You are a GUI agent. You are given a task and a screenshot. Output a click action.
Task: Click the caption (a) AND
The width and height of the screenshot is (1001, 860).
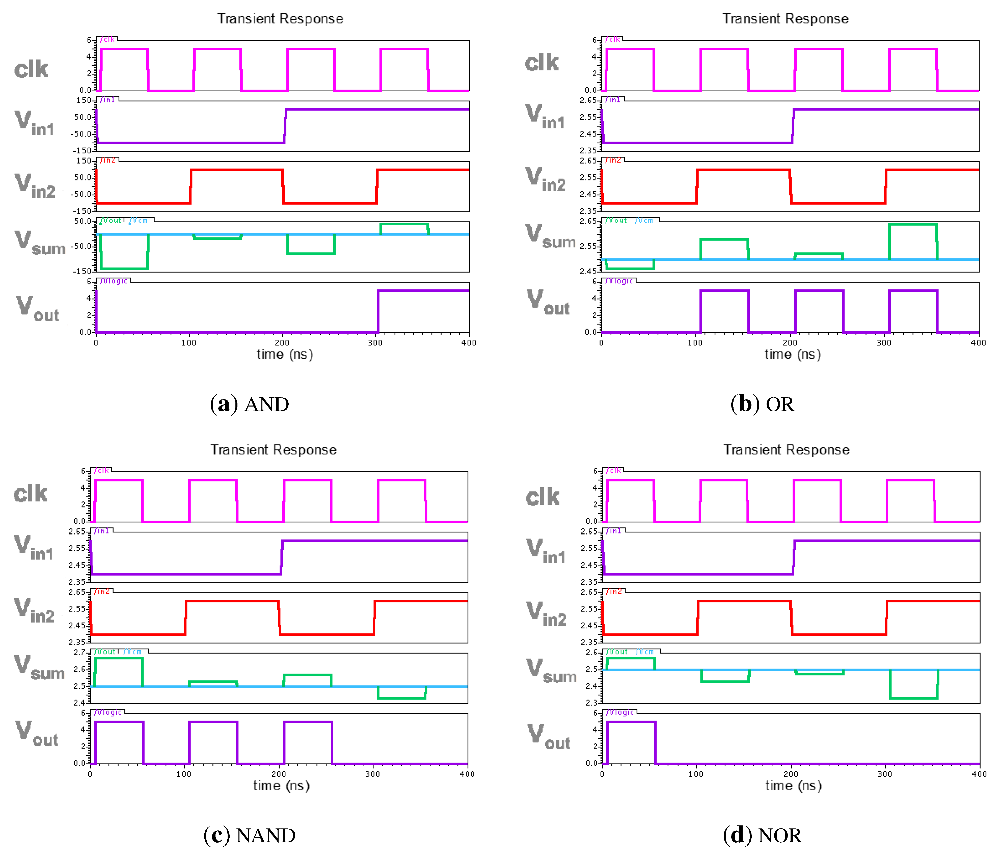(x=249, y=404)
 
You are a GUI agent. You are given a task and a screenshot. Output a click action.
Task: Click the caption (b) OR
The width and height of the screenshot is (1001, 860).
(x=762, y=404)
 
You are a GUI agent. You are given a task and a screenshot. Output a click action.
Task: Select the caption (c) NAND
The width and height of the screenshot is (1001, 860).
(x=249, y=835)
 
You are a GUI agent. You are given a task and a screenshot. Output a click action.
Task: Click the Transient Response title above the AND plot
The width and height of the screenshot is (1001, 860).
(x=280, y=19)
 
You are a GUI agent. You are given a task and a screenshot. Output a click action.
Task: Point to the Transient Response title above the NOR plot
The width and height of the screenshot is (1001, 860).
(x=786, y=450)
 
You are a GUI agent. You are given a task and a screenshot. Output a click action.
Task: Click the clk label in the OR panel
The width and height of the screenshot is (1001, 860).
(x=542, y=63)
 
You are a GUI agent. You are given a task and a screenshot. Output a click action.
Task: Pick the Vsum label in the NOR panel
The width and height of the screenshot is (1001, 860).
(x=551, y=670)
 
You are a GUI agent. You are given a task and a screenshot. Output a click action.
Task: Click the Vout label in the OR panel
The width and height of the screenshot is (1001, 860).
(x=548, y=302)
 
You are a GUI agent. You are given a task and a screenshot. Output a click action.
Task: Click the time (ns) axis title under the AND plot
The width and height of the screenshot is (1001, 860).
(x=285, y=355)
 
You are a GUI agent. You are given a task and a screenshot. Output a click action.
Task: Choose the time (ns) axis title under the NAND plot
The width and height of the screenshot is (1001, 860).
(x=281, y=786)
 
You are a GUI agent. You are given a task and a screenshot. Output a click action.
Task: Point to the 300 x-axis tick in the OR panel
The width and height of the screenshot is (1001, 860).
(x=884, y=342)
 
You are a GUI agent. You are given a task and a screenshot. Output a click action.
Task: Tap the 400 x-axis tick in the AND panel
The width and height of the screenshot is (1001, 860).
(x=469, y=342)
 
